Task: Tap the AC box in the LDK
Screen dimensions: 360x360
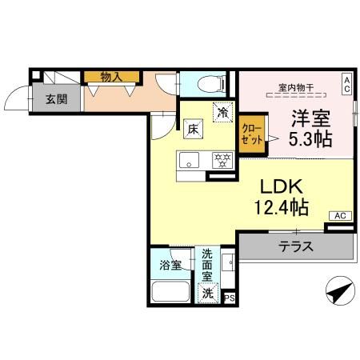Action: pos(340,216)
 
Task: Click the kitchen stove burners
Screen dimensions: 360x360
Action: pos(221,158)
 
